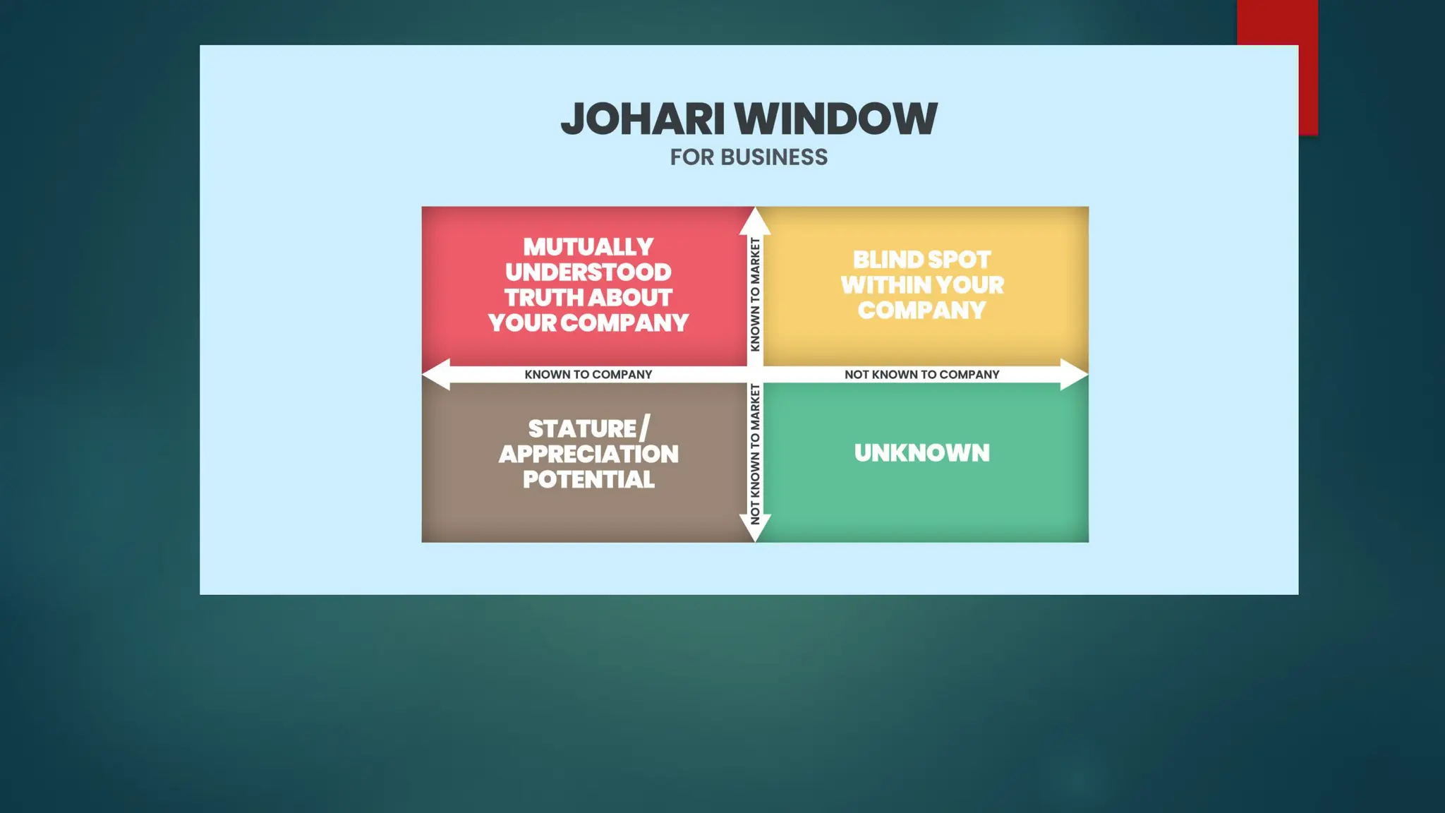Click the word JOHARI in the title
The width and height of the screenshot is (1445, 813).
[643, 119]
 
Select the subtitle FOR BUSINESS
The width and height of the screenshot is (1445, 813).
[749, 157]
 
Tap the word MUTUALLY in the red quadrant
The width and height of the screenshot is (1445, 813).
[588, 247]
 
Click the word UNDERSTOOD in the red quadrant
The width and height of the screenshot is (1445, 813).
[588, 272]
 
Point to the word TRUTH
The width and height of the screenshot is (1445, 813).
[540, 298]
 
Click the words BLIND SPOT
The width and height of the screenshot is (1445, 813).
[921, 260]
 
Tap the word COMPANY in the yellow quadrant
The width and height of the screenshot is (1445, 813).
[921, 311]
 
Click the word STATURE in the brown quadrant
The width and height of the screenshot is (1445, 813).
[583, 429]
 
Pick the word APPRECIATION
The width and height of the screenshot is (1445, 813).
[588, 454]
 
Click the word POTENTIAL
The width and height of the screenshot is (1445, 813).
[588, 480]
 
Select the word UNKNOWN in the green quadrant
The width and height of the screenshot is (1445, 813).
[921, 453]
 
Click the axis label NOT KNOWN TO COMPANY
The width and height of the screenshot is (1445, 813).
[921, 375]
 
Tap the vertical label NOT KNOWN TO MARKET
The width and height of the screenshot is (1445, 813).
[755, 454]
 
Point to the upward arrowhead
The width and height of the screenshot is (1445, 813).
[755, 221]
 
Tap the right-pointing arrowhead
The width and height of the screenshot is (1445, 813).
[1073, 374]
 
